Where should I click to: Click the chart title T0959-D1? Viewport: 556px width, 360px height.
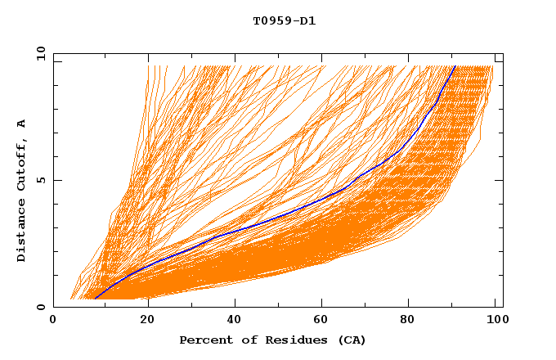285,21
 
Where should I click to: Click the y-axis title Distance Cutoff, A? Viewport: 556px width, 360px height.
21,190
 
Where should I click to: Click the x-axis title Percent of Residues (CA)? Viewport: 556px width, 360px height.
272,340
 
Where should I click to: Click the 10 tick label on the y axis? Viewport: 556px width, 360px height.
40,53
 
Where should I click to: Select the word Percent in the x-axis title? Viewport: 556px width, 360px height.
205,340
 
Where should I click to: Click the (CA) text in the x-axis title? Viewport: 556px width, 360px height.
352,340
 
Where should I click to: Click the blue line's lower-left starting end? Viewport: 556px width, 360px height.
96,299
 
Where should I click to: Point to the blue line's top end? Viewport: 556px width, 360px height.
455,66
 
